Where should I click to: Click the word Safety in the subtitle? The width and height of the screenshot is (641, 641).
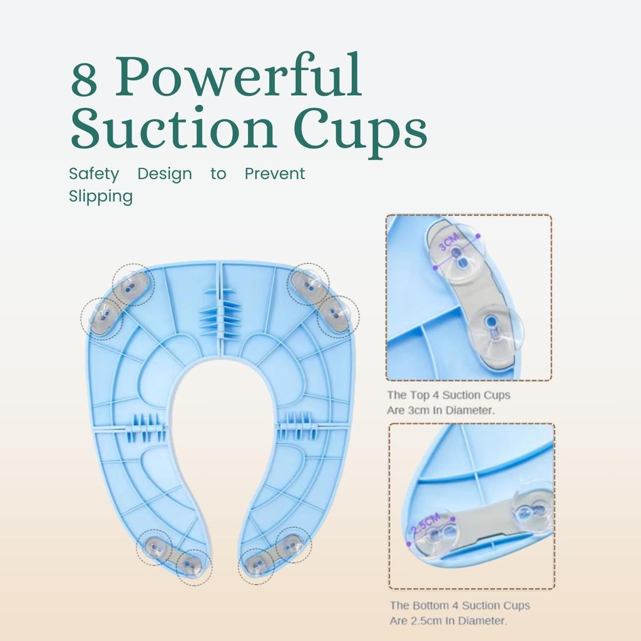tap(94, 174)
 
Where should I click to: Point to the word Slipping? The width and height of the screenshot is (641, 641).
tap(101, 196)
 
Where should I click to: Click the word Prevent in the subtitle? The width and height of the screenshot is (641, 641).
tap(275, 173)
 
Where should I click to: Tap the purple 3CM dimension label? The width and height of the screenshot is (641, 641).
tap(449, 242)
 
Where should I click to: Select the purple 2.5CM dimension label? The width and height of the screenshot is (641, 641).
tap(426, 524)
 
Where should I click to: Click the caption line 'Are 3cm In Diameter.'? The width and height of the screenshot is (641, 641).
tap(441, 410)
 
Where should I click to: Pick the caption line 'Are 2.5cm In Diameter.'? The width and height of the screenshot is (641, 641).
tap(448, 620)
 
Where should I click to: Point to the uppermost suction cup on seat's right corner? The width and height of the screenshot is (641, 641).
tap(308, 284)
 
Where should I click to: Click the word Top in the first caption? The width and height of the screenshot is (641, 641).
tap(424, 396)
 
